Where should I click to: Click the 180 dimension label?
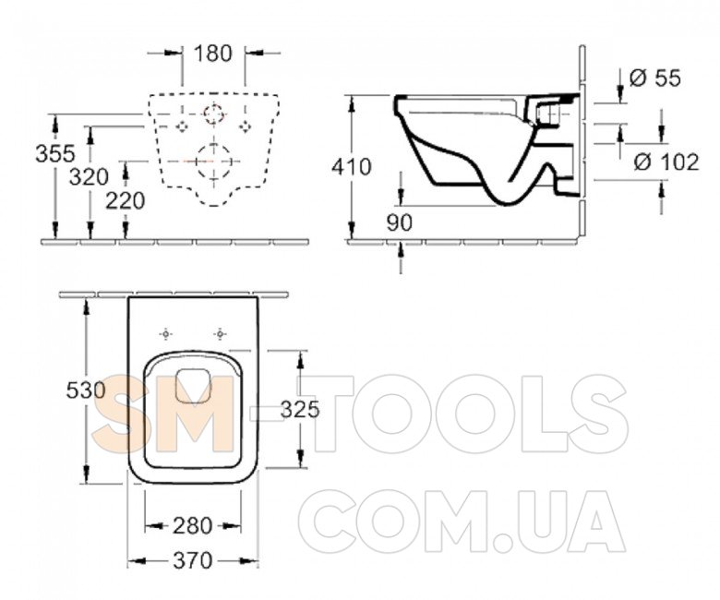click(x=213, y=54)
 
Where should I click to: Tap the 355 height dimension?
click(x=55, y=153)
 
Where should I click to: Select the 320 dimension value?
click(x=90, y=176)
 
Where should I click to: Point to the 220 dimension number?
click(x=126, y=200)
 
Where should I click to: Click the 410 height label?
click(x=352, y=167)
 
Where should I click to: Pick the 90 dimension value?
click(x=400, y=223)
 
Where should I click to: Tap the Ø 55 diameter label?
click(x=654, y=78)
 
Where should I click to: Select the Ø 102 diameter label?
click(x=666, y=162)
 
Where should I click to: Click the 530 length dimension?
click(x=87, y=390)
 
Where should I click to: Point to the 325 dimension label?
click(x=300, y=409)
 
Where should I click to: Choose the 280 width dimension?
click(x=192, y=526)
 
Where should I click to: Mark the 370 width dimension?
click(x=193, y=560)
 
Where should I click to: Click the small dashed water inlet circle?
click(x=213, y=114)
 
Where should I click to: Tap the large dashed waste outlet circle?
click(x=213, y=162)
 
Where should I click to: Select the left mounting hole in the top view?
click(x=166, y=334)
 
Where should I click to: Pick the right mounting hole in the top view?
click(x=221, y=334)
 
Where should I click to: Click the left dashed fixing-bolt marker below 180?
click(x=183, y=126)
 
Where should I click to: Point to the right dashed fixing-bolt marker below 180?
click(x=246, y=126)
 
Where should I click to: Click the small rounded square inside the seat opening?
click(x=193, y=386)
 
